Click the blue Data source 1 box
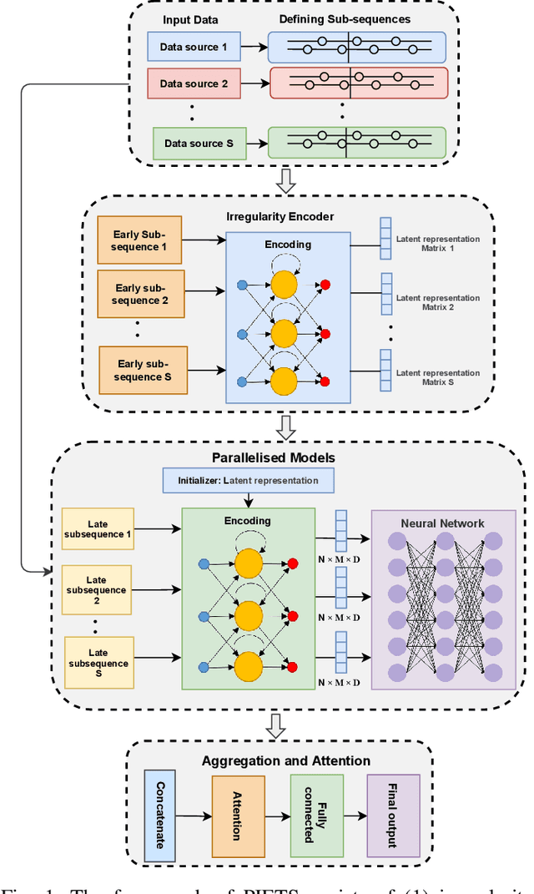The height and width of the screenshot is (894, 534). tap(194, 48)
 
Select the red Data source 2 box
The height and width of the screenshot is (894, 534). tap(194, 83)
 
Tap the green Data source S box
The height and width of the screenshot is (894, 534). tap(194, 143)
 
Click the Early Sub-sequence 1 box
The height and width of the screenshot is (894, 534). tap(139, 240)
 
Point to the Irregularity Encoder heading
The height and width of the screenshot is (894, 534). tap(280, 216)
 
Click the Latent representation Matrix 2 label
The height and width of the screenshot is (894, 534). tap(437, 302)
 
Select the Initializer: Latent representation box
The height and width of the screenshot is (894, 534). tap(247, 481)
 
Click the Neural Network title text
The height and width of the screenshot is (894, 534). tap(442, 523)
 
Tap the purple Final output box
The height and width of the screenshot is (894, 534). tap(394, 813)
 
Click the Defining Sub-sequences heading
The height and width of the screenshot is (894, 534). tap(356, 18)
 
